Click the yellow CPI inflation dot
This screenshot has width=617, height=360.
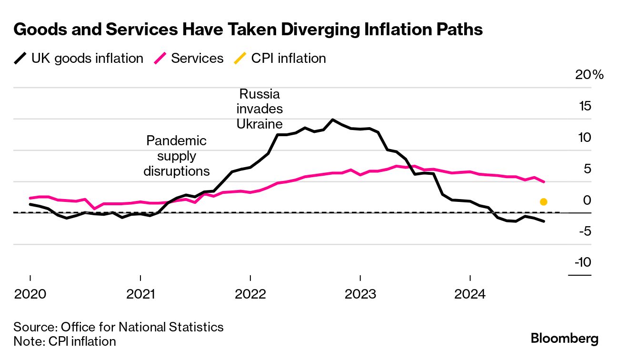tap(544, 202)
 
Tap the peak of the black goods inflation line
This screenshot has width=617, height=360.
tap(332, 120)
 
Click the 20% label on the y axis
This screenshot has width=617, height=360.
tap(588, 75)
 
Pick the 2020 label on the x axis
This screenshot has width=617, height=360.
tap(30, 294)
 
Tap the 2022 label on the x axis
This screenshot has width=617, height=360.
tap(250, 294)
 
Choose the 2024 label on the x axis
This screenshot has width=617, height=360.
tap(470, 294)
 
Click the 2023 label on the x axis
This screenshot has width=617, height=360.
tap(360, 294)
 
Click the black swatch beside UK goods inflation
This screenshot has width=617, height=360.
tap(20, 59)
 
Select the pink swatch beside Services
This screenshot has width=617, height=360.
tap(160, 59)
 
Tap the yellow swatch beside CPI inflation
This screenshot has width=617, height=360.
tap(240, 59)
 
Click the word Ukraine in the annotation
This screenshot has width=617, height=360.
tap(259, 124)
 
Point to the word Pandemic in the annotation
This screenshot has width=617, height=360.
tap(177, 141)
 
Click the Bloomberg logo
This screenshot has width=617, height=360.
tap(565, 339)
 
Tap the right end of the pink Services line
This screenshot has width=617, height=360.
tap(544, 181)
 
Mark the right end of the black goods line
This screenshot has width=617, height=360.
tap(544, 221)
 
